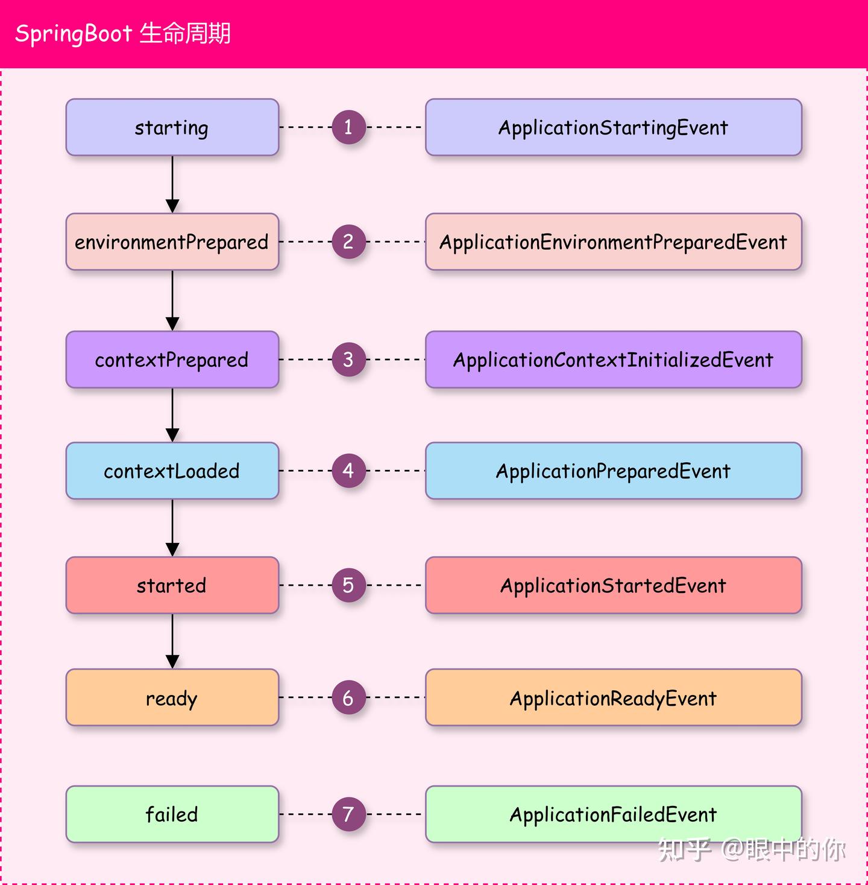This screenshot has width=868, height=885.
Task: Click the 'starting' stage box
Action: coord(172,127)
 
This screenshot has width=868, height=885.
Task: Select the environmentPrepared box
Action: coord(172,242)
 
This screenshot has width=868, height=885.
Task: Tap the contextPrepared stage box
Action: coord(172,360)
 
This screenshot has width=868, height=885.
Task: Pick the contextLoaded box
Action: coord(172,471)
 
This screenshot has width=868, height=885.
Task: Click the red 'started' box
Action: coord(172,585)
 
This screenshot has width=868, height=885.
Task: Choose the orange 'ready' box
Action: coord(172,697)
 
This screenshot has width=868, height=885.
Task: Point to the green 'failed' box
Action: coord(172,814)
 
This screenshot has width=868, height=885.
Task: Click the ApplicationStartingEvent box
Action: coord(613,127)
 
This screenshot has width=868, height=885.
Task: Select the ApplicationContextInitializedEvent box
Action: coord(613,360)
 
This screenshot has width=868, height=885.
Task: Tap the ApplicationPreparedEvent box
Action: coord(613,471)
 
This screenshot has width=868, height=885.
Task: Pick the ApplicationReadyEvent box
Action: coord(613,697)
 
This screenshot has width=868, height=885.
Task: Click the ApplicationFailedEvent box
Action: coord(613,814)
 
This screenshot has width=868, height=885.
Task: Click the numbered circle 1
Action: coord(348,127)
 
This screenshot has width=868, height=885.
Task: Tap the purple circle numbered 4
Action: coord(348,471)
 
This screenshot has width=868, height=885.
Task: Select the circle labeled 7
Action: coord(348,814)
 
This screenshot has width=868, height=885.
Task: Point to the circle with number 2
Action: coord(348,242)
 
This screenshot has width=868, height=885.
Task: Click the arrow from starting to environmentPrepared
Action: coord(172,184)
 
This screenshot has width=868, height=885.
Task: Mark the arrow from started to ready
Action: coord(172,641)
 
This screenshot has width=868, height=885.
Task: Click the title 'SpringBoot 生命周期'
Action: coord(123,34)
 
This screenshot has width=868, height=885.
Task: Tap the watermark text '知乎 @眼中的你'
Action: coord(752,849)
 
